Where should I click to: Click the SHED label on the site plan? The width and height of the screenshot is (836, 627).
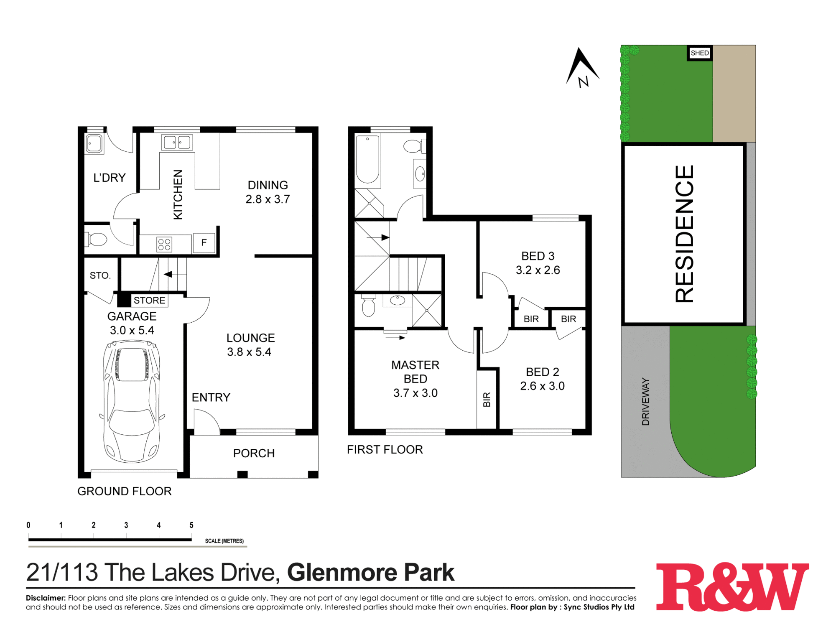pos(700,53)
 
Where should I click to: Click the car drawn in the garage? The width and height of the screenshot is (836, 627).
pos(132,401)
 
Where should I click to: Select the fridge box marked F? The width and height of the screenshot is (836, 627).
pos(204,242)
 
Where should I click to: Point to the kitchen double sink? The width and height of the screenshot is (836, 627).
pos(177,143)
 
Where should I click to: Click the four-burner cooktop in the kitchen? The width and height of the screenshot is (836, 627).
pos(164,244)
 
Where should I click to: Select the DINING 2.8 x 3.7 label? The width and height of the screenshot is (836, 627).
pos(268,192)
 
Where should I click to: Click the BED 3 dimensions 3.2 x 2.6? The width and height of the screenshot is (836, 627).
pos(538,270)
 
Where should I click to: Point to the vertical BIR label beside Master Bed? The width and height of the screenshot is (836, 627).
pos(487,400)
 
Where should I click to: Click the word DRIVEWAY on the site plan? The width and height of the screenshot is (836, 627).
pos(646,402)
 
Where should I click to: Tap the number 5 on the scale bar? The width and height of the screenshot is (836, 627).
pos(191,525)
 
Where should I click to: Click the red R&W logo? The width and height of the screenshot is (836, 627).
pos(732,587)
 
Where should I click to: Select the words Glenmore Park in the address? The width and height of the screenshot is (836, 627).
pos(370,572)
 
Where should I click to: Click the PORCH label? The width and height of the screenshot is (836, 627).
pos(254,453)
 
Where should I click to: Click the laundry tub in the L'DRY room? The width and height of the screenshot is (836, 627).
pos(94,143)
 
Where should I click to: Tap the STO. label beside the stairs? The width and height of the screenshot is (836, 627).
pos(100,275)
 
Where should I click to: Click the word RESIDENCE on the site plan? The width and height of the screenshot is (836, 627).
pos(684,234)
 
